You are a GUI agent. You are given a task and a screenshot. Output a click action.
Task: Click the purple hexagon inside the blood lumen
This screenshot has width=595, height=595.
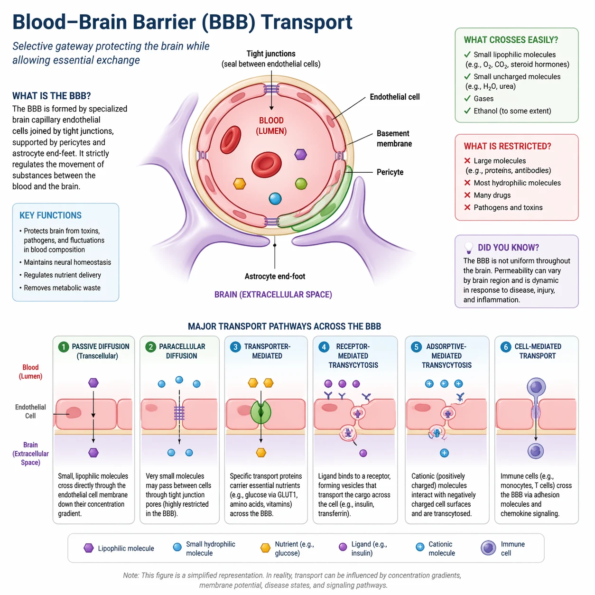[x=300, y=154]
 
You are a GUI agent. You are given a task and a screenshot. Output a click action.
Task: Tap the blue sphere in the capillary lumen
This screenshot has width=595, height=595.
[x=275, y=198]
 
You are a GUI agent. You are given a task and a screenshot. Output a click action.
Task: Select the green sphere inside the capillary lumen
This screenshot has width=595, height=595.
[x=301, y=184]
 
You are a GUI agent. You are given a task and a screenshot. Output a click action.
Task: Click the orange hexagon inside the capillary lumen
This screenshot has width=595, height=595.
[x=240, y=184]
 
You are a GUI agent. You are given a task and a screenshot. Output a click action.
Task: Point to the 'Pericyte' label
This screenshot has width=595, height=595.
[x=390, y=172]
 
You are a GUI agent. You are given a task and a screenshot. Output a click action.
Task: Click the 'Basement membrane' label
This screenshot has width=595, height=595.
[x=394, y=139]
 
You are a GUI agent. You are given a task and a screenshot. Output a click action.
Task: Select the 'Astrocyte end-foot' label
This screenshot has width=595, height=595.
[x=275, y=276]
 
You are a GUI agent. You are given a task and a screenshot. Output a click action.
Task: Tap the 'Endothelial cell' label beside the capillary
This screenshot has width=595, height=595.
[x=394, y=97]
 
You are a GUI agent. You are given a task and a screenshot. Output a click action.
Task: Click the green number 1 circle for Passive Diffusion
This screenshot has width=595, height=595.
[x=63, y=347]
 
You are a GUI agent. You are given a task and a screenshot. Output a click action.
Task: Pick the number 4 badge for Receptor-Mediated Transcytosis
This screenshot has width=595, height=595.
[x=324, y=347]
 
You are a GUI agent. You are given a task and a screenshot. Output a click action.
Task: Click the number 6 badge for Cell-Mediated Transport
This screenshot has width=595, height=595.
[x=506, y=347]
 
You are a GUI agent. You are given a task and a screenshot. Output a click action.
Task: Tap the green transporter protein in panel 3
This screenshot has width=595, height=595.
[x=260, y=412]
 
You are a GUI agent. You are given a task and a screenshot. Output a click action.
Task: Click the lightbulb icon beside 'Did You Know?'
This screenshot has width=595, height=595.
[x=469, y=247]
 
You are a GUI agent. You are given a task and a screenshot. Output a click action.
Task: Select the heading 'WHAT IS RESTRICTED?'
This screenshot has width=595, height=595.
[x=507, y=146]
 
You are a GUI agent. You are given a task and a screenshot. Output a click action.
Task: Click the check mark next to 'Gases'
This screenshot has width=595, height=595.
[x=467, y=98]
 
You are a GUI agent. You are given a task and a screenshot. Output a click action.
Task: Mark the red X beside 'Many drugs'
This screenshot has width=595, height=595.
[x=467, y=195]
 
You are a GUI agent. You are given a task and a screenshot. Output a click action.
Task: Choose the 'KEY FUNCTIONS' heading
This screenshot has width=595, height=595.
[x=50, y=215]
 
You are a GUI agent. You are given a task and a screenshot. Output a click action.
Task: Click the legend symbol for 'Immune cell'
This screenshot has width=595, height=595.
[x=488, y=548]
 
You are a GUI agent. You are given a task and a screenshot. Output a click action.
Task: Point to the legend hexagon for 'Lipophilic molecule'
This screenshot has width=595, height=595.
[x=89, y=548]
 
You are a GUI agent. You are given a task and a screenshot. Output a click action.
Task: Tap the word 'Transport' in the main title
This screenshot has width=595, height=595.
[x=307, y=22]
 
